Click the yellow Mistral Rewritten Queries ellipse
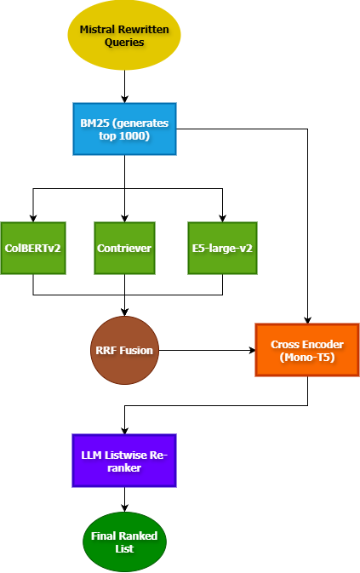[124, 35]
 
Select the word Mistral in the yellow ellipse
[98, 29]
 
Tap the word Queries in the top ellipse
[125, 42]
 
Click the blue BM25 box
[124, 129]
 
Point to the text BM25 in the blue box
[94, 123]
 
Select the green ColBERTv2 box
[33, 249]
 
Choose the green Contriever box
[124, 249]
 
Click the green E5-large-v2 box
[222, 249]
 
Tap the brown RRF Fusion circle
[124, 350]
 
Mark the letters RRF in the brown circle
[106, 350]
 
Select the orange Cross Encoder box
[306, 350]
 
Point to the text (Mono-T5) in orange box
[306, 357]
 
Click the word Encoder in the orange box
[323, 344]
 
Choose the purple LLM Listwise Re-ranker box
[124, 461]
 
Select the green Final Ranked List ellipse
[124, 541]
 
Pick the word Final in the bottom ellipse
[104, 536]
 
